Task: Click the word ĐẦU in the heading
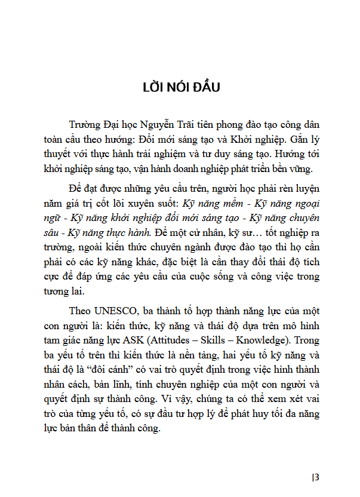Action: point(204,88)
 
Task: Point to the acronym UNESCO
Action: point(112,311)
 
